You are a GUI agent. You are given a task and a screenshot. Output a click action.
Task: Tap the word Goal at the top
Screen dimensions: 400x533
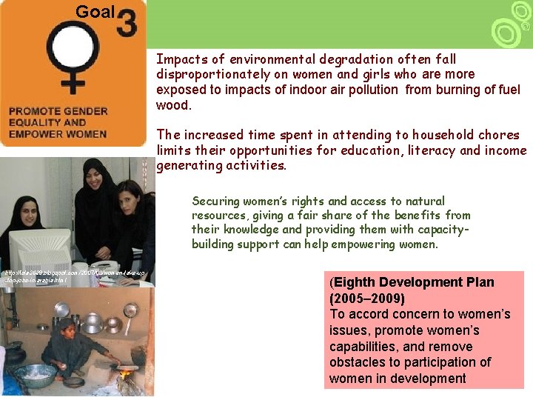(95, 12)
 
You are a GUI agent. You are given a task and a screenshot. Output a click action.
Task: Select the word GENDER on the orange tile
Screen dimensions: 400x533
(87, 111)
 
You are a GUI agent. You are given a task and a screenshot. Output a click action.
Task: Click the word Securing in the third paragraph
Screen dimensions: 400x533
(215, 201)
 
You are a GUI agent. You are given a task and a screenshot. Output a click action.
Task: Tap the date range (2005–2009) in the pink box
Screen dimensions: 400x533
(367, 299)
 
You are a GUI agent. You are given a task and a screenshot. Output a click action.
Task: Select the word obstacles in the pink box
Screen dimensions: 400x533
(357, 362)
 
